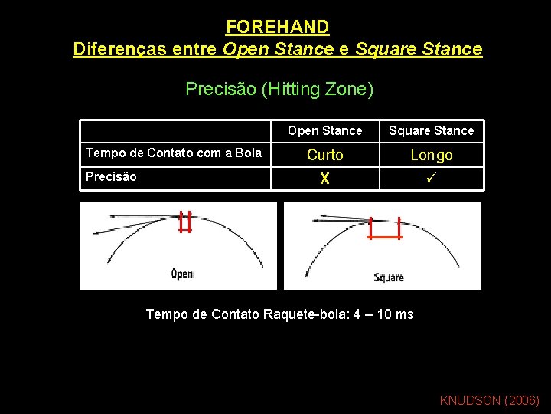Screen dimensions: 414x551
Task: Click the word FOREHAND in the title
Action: point(277,27)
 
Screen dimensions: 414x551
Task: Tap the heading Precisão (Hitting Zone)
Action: point(279,89)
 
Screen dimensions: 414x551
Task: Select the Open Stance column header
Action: point(325,130)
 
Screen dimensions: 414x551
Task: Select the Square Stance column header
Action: point(431,130)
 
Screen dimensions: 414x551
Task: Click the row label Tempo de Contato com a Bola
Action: point(174,153)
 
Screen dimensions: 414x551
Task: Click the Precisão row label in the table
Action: point(112,176)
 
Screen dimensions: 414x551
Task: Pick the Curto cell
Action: point(325,155)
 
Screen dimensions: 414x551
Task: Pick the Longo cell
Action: point(432,155)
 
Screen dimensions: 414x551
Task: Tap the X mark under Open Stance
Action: point(325,179)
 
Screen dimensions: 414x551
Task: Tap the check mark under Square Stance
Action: point(432,178)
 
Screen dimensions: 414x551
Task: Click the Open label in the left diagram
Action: point(181,273)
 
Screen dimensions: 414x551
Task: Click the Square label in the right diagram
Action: point(389,277)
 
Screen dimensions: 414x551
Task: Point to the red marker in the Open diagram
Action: point(184,222)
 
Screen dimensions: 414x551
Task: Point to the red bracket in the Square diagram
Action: point(385,229)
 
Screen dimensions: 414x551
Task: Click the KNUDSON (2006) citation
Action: point(490,400)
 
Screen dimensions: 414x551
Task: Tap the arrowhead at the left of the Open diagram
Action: point(96,231)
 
